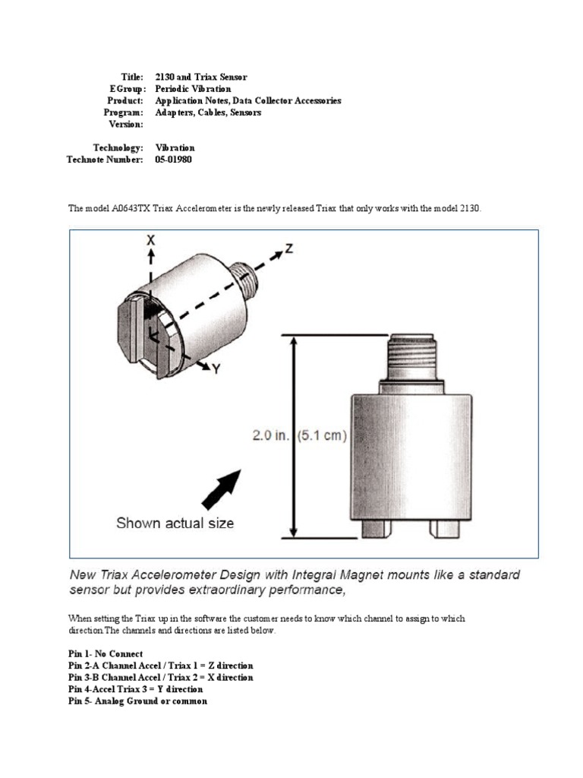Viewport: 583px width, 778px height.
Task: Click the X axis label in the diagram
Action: tap(150, 239)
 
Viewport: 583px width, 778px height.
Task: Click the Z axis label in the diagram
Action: tap(288, 248)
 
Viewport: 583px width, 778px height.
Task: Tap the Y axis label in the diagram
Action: tap(217, 370)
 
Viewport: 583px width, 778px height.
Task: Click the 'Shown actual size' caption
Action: tap(175, 523)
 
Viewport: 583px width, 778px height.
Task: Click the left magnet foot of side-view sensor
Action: tap(377, 527)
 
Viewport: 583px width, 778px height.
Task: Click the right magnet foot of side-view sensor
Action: tap(442, 527)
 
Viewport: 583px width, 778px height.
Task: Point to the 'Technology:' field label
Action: tap(118, 148)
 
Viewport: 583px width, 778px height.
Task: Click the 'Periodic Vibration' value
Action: tap(193, 89)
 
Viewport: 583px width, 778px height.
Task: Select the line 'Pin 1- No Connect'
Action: tap(106, 653)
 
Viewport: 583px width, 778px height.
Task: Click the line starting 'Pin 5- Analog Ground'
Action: tap(137, 701)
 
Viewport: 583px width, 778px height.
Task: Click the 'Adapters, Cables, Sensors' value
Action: tap(208, 112)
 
